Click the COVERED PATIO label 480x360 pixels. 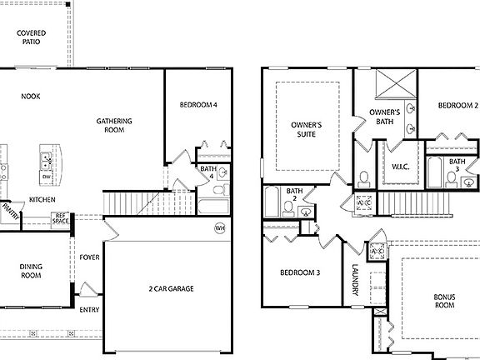click(32, 37)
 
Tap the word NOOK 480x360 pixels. click(31, 97)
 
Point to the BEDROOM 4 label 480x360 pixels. click(198, 105)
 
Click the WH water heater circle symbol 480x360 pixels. click(220, 227)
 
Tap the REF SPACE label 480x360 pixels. click(60, 218)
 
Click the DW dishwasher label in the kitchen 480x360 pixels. click(47, 177)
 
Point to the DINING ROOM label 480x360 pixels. click(31, 272)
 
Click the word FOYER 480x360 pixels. click(89, 257)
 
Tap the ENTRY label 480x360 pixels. click(89, 310)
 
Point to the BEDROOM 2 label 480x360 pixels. click(457, 106)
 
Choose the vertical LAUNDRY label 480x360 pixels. click(355, 282)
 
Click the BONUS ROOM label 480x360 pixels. click(444, 301)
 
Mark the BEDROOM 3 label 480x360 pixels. click(300, 272)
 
